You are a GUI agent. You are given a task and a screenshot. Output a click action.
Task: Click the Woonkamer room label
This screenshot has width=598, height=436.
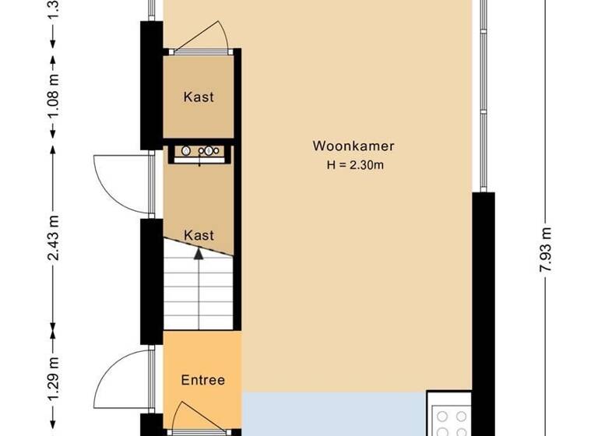click(354, 146)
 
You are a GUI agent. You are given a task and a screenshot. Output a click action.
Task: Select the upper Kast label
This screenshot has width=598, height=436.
click(199, 97)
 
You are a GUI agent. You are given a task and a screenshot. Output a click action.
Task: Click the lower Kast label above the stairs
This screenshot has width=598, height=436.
click(199, 235)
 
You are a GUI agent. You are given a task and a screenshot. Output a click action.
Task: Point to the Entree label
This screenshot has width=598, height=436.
click(202, 381)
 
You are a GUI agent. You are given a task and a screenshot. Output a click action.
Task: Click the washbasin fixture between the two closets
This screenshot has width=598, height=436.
click(199, 151)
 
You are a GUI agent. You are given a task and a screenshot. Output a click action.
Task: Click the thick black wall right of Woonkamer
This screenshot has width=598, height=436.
click(484, 311)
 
